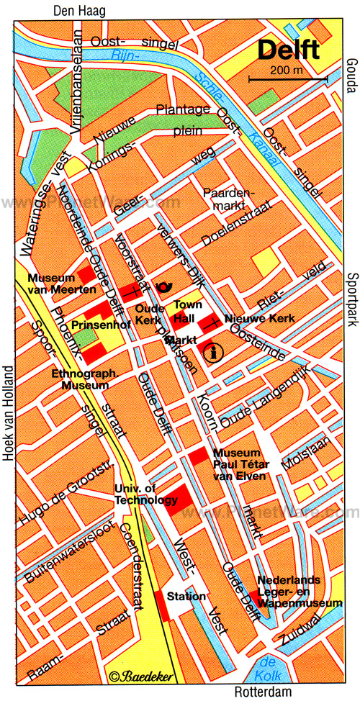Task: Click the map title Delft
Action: tap(290, 51)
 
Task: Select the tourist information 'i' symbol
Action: tap(212, 352)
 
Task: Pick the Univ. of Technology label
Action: tap(146, 495)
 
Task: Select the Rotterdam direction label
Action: tap(264, 692)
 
